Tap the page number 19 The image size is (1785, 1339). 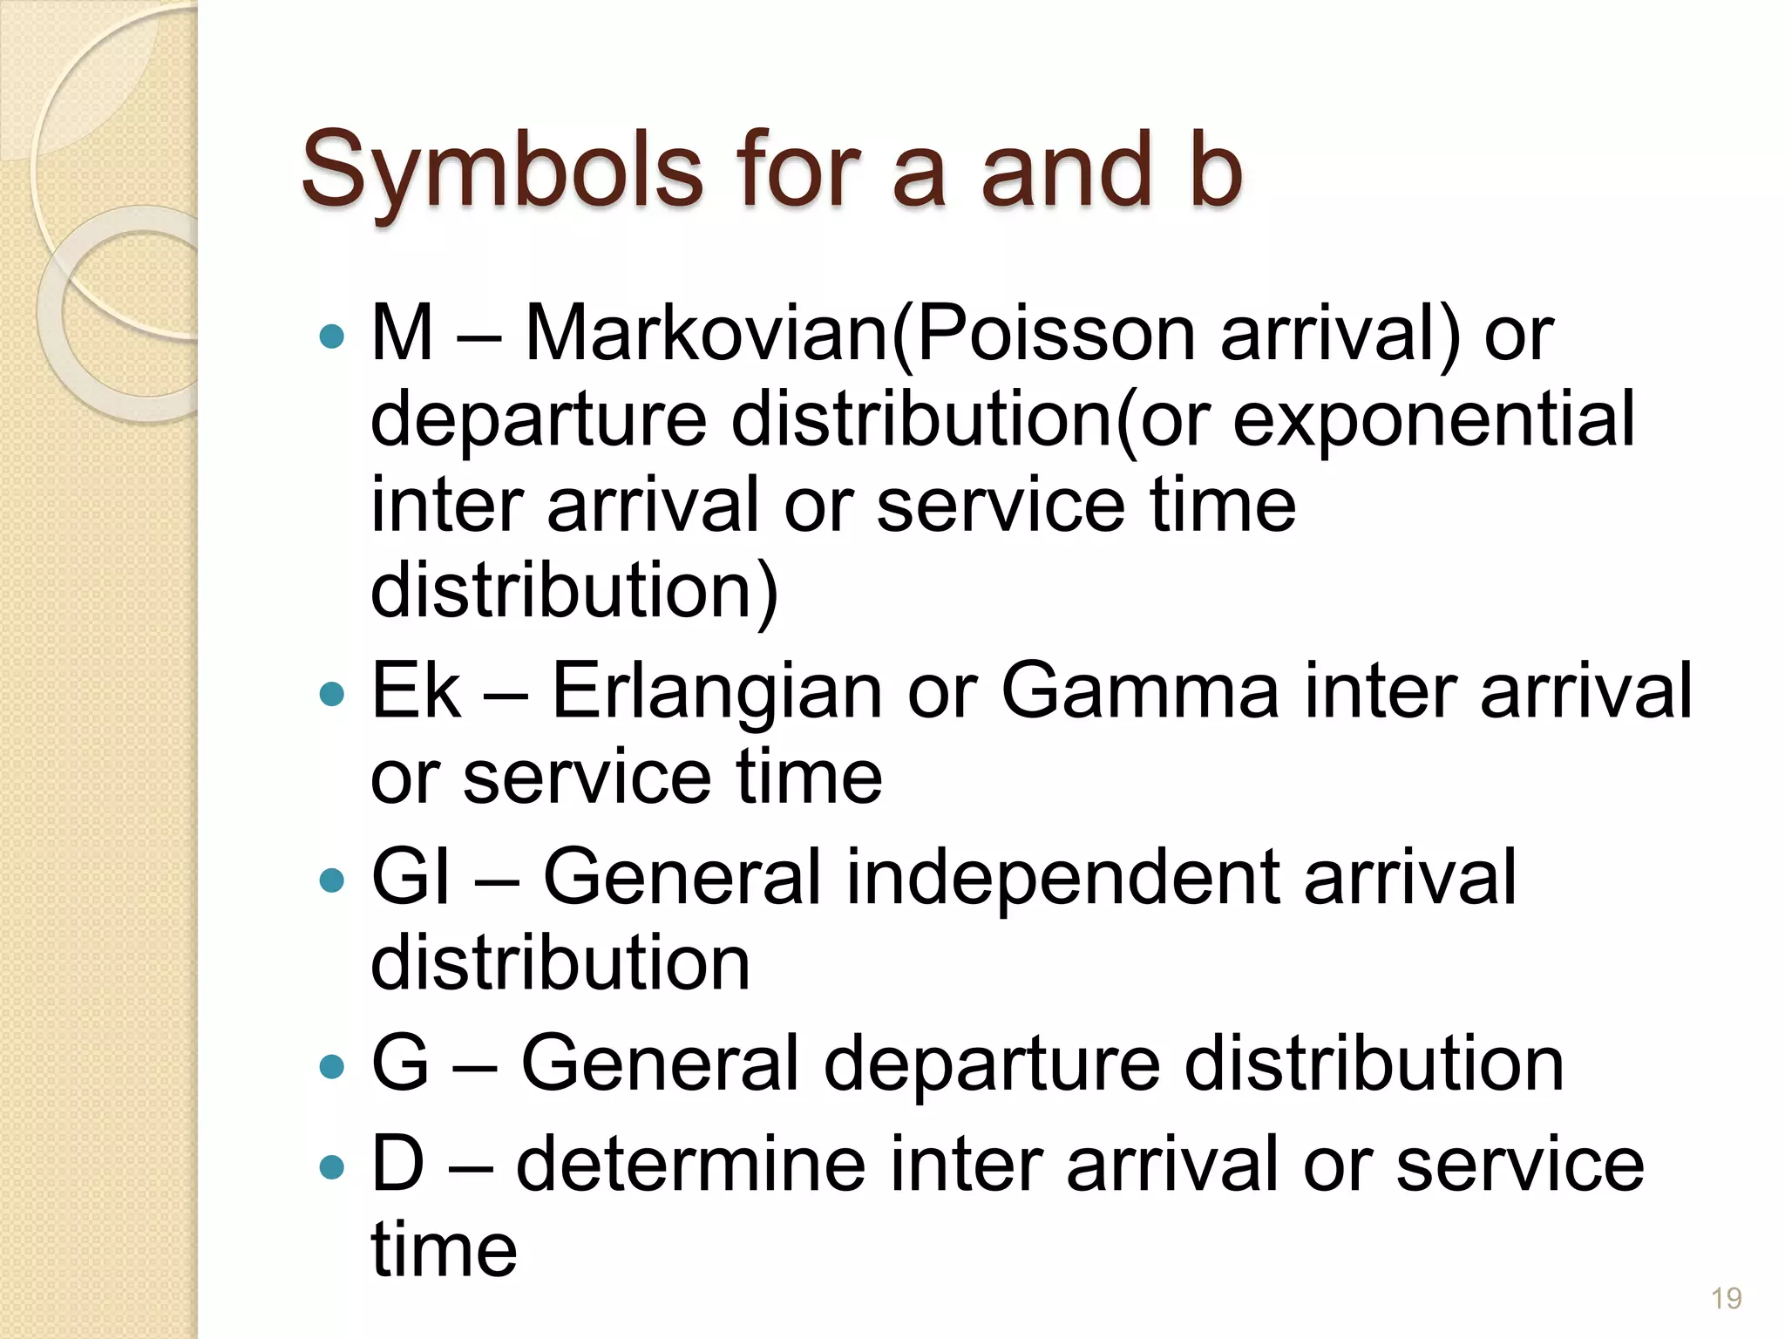(1726, 1299)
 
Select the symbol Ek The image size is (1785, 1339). (416, 690)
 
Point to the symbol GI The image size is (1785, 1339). (411, 876)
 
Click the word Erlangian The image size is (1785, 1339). (717, 690)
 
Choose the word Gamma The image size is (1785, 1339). (1140, 690)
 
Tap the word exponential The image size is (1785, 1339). (1434, 419)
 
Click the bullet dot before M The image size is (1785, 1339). (332, 336)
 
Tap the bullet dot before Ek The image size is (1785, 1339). (332, 694)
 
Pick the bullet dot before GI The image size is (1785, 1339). (332, 880)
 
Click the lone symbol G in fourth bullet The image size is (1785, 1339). (400, 1063)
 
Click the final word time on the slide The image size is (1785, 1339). (444, 1249)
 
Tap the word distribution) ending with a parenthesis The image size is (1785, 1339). (574, 590)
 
